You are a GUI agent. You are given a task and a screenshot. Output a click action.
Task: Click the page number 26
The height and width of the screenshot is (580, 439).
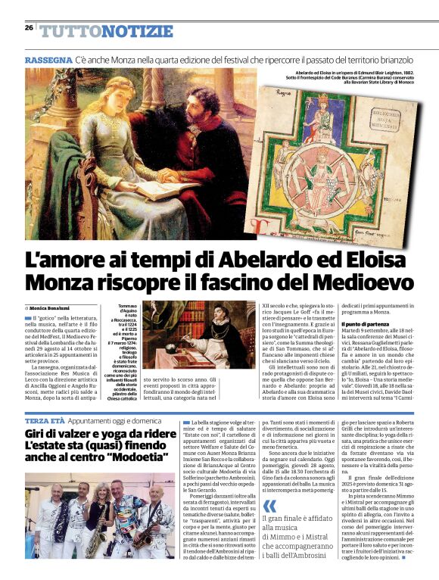[x=29, y=27]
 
